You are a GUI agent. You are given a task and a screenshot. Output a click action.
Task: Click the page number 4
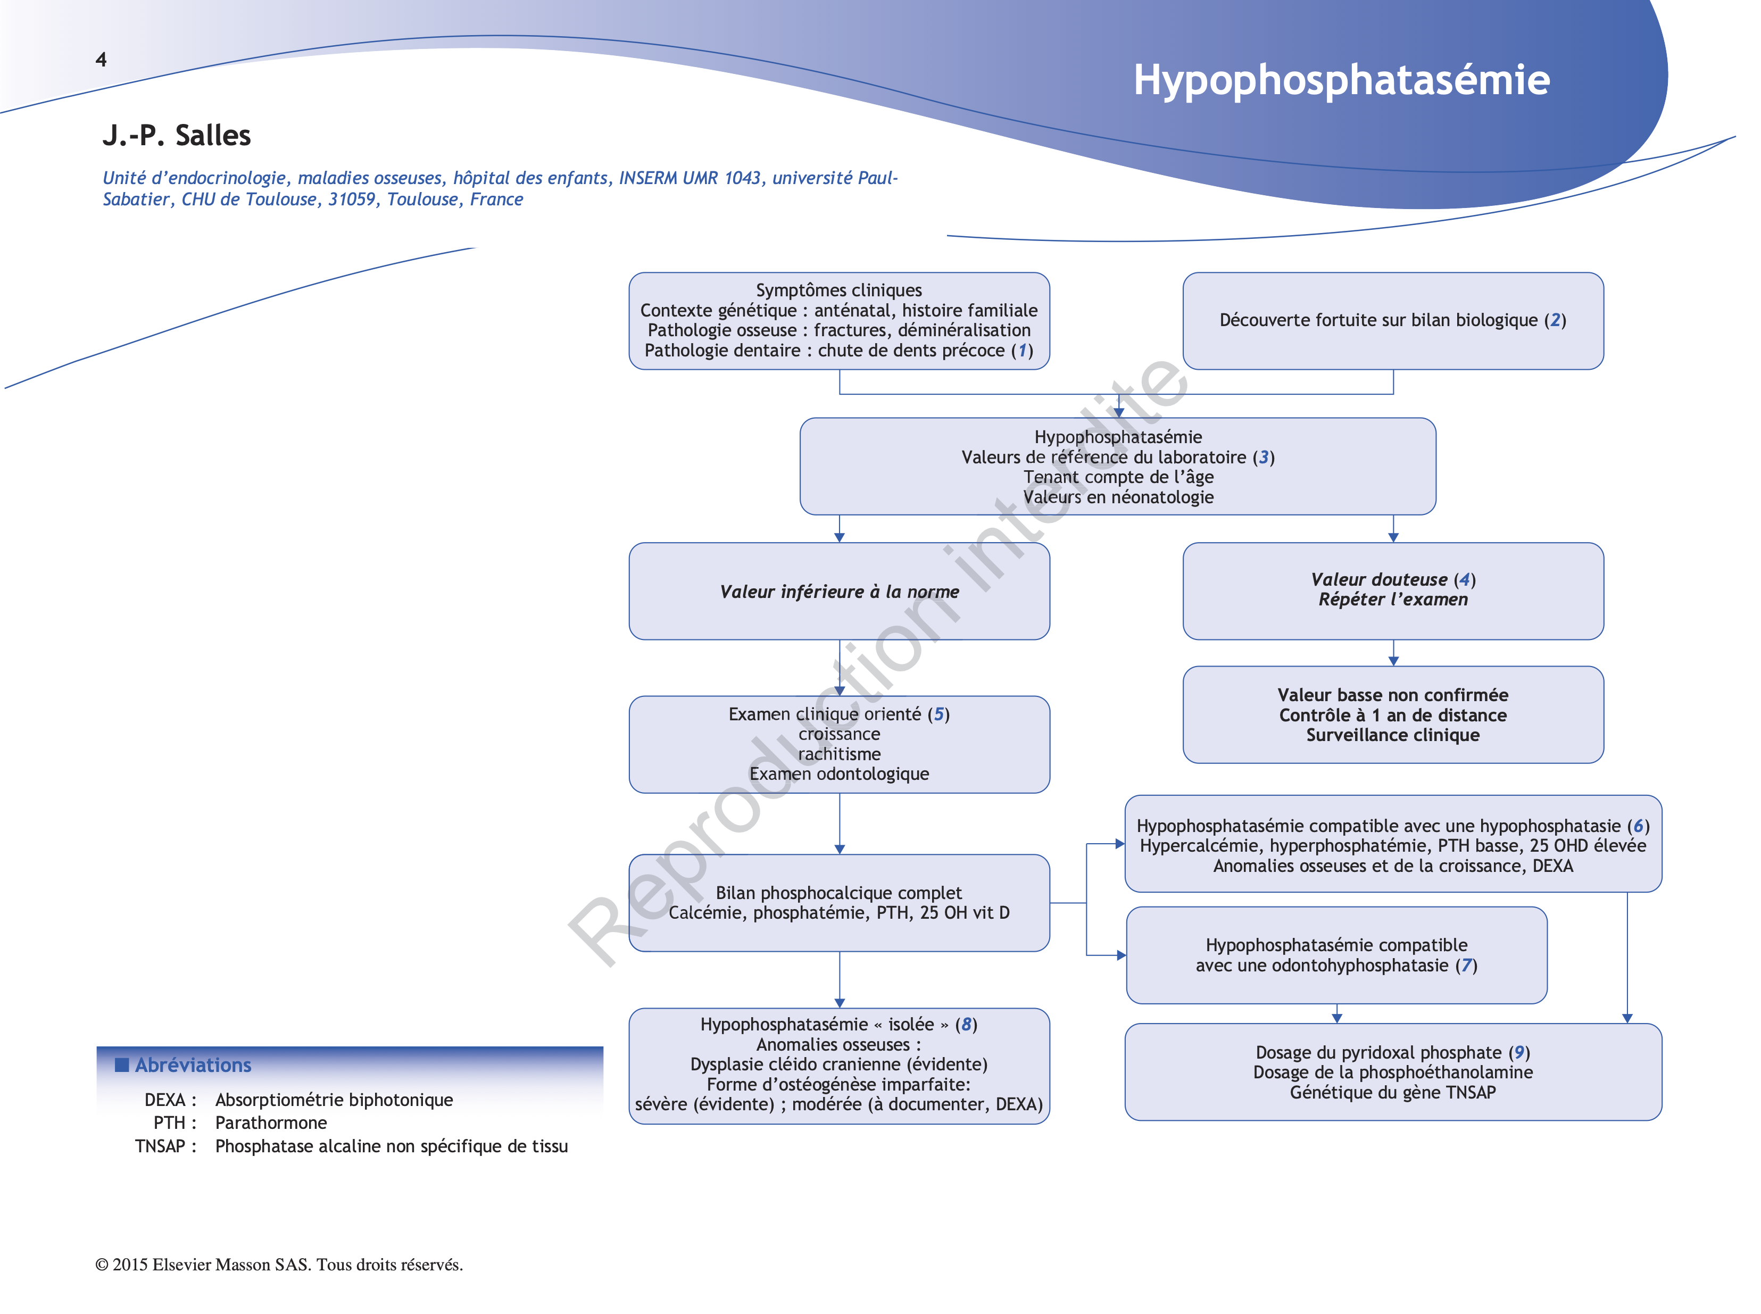[101, 60]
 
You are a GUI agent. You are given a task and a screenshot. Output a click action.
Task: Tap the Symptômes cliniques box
[838, 321]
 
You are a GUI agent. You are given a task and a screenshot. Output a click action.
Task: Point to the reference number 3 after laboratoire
[1263, 458]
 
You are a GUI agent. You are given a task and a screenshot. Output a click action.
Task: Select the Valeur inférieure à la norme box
[838, 592]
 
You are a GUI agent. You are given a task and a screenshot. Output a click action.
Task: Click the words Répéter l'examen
[1393, 600]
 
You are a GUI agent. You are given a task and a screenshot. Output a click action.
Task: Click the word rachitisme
[839, 754]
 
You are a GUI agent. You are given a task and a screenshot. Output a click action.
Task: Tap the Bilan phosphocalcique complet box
[838, 903]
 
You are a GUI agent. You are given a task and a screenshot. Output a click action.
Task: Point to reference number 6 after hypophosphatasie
[1638, 826]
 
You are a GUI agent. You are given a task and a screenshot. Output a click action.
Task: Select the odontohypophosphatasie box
[1336, 955]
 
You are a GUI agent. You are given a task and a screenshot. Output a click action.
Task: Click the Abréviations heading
[193, 1065]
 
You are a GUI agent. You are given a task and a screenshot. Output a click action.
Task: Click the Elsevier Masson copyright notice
[279, 1265]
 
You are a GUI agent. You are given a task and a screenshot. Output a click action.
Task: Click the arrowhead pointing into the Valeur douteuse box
[1393, 538]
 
